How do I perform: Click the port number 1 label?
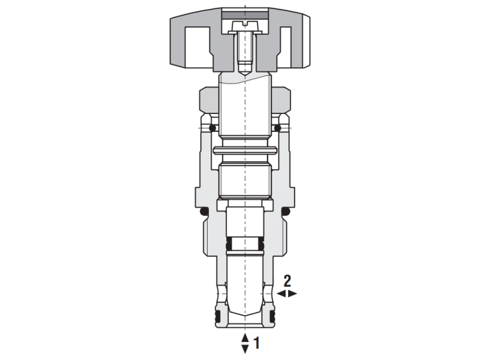tap(257, 344)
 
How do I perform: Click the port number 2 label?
tap(287, 280)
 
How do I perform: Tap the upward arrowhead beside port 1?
tap(245, 338)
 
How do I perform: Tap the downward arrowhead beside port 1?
tap(245, 349)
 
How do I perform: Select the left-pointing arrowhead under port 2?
tap(282, 293)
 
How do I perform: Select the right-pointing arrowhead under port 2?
tap(293, 293)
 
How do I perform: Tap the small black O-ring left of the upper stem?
tap(212, 128)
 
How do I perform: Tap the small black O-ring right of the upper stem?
tap(277, 128)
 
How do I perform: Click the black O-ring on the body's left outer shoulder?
tap(203, 212)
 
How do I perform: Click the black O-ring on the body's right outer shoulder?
tap(286, 212)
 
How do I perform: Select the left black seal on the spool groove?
tap(229, 245)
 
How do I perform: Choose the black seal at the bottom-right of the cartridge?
tap(272, 316)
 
